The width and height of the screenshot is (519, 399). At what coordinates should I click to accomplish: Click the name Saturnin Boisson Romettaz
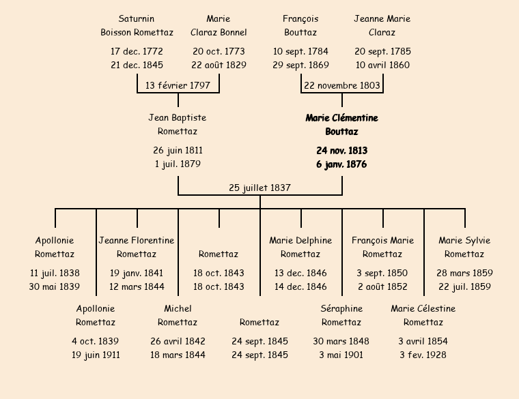pos(137,26)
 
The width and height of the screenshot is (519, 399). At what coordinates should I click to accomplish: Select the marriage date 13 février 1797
pos(178,86)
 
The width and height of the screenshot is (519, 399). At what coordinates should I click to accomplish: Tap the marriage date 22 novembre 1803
pos(341,86)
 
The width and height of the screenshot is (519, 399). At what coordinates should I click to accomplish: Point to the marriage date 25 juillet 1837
pos(259,188)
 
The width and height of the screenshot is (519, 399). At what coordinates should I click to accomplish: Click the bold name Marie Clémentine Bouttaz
pos(341,125)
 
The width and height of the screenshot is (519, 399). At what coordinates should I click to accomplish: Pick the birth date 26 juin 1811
pos(178,150)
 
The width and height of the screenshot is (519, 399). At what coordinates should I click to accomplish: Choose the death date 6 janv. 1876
pos(341,164)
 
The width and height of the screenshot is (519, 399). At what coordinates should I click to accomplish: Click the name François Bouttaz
pos(300,26)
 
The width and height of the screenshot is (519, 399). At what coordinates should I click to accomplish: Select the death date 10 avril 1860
pos(382,65)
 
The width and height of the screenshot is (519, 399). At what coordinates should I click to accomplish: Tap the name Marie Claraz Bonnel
pos(219,26)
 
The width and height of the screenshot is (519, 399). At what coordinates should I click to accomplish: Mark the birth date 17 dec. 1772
pos(137,51)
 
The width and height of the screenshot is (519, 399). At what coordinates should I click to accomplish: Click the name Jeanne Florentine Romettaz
pos(137,247)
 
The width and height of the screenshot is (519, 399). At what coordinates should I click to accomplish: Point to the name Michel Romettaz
pos(178,315)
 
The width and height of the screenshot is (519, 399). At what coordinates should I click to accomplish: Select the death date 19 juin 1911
pos(96,355)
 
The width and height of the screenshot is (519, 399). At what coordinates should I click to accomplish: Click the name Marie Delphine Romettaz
pos(300,247)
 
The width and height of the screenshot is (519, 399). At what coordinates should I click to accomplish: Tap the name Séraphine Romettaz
pos(341,315)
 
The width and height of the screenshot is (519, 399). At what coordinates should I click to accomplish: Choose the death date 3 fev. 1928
pos(423,355)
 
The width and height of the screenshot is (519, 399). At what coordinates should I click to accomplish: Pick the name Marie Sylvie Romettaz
pos(464,247)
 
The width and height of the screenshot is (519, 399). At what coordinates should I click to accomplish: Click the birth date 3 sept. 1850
pos(382,273)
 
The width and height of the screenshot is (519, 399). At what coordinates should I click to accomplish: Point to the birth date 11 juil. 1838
pos(55,273)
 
